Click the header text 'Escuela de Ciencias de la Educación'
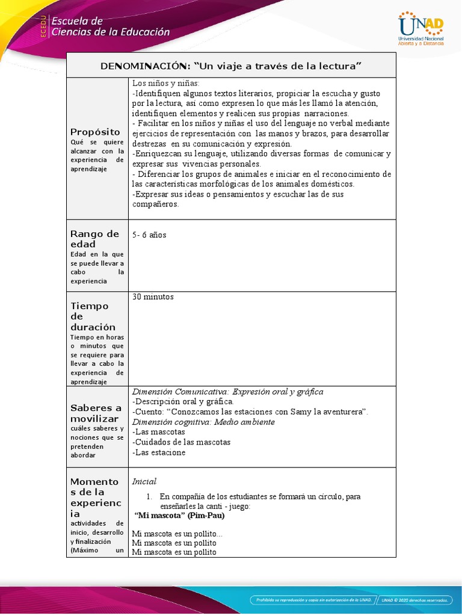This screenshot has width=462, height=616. coord(111,27)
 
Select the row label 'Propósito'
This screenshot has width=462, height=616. coord(95,132)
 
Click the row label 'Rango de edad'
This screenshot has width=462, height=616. coord(95,239)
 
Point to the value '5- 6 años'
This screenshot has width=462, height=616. coord(149,235)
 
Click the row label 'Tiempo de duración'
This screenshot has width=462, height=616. coord(93,316)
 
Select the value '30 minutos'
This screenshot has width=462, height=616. coord(153,297)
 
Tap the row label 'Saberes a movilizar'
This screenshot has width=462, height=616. coord(96,413)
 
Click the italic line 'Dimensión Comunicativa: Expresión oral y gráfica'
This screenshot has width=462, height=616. coord(227,392)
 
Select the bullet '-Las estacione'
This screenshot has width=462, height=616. coord(159,452)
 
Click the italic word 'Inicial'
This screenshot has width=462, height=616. coord(144,481)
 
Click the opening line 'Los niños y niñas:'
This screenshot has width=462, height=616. coord(161,83)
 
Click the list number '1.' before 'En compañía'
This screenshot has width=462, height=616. coord(150,496)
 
